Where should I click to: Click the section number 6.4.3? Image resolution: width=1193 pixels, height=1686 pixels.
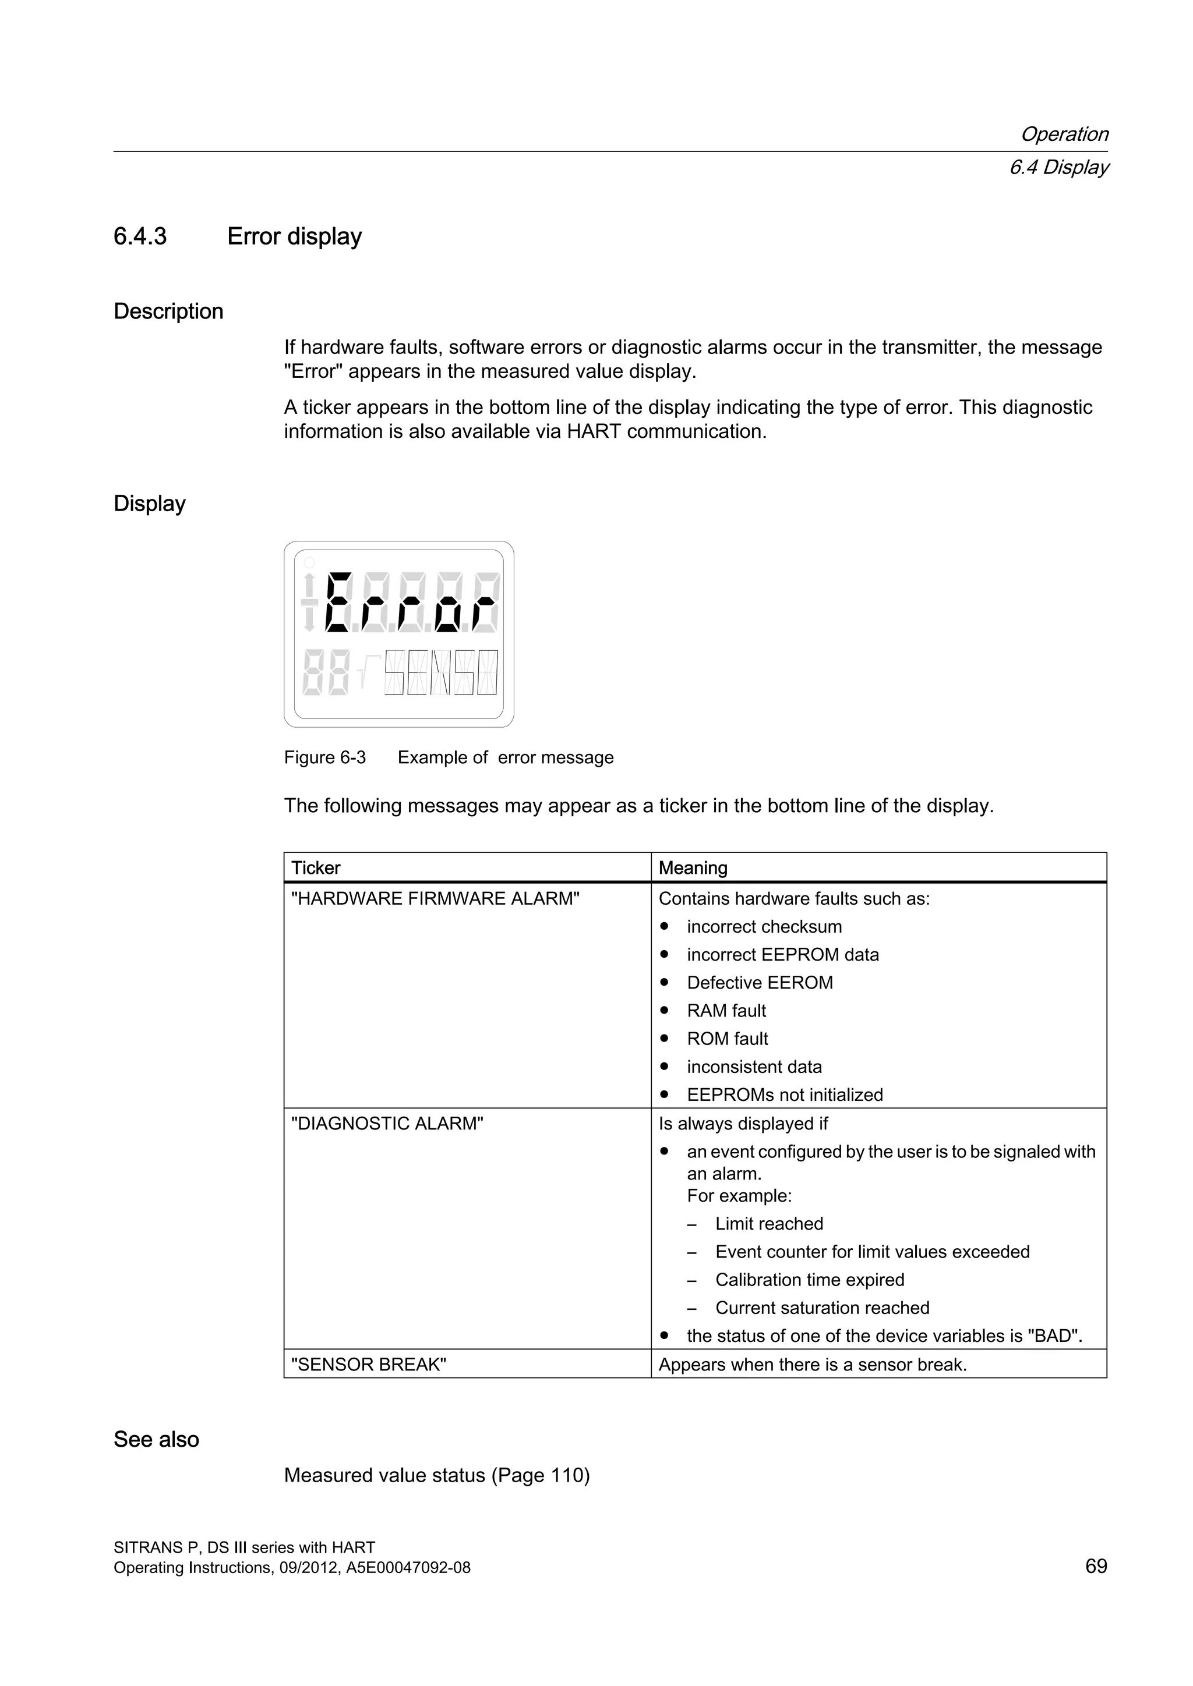[140, 236]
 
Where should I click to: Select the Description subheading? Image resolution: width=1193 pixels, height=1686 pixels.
[168, 311]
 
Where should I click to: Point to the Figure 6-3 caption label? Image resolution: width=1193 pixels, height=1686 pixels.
[324, 757]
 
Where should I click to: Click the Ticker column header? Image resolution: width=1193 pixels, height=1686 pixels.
[316, 868]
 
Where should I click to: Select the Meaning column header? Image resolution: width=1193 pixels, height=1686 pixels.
[693, 868]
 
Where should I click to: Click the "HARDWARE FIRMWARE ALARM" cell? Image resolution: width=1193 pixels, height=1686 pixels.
[436, 899]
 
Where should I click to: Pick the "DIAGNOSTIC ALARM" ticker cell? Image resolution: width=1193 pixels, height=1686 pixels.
[387, 1124]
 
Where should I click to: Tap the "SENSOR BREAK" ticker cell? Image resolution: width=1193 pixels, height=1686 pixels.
[369, 1365]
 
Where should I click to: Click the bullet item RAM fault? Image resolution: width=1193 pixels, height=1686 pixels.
[726, 1011]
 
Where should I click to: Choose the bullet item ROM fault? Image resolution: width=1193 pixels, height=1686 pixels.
[727, 1039]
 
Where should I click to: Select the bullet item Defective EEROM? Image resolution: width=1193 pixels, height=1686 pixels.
[760, 983]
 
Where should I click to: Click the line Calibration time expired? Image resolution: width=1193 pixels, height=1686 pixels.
[810, 1280]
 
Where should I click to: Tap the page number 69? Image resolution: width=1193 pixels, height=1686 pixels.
[1095, 1566]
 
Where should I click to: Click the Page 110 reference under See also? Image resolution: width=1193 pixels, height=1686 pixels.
[543, 1475]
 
